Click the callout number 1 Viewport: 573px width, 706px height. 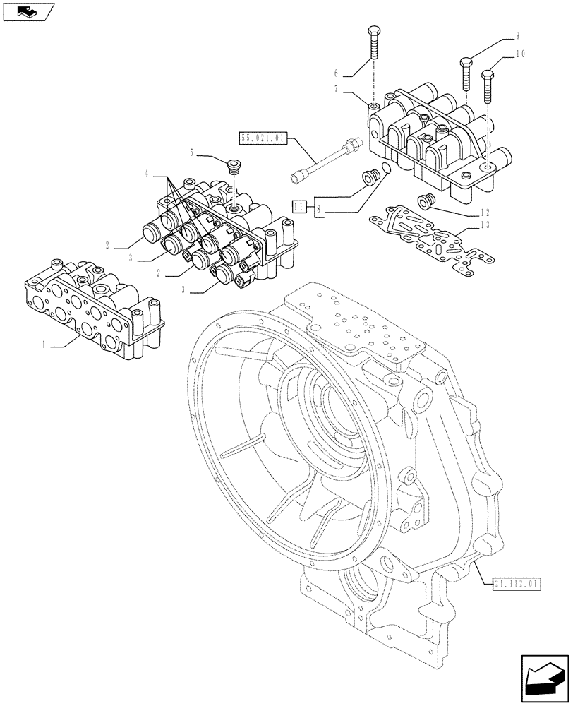click(44, 345)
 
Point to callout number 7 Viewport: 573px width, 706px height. click(337, 89)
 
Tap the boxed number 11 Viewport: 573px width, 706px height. click(299, 205)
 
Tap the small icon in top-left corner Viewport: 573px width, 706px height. click(28, 11)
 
